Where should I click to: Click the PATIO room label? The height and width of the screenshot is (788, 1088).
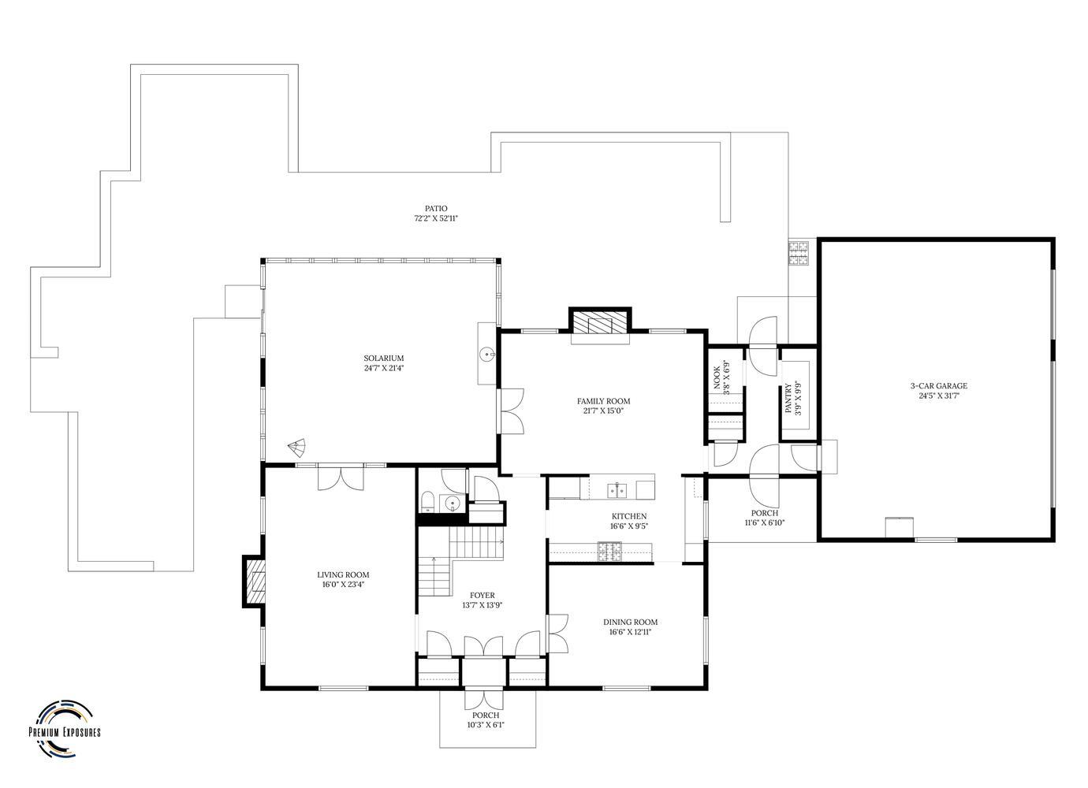tap(436, 209)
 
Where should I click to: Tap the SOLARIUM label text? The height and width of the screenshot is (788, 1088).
tap(384, 359)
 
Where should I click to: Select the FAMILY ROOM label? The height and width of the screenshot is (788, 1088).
tap(603, 401)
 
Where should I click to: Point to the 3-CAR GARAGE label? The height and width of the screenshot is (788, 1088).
tap(938, 386)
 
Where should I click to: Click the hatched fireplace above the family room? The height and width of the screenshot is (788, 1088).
tap(600, 322)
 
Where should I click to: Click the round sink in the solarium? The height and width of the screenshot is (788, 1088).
tap(486, 355)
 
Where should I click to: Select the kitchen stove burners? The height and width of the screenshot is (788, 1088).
tap(609, 551)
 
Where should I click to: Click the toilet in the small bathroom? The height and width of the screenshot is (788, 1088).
tap(427, 501)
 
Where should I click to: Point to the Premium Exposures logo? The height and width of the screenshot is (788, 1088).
tap(65, 728)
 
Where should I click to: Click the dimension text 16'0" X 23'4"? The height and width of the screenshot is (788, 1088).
tap(343, 585)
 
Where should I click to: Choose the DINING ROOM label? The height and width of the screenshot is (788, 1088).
tap(631, 622)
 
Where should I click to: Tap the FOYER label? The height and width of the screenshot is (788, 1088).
tap(483, 595)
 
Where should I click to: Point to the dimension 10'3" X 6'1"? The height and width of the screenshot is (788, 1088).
tap(486, 726)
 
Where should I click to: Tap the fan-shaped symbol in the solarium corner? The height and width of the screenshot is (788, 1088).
tap(296, 447)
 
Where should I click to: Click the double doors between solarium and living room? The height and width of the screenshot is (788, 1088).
tap(341, 478)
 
